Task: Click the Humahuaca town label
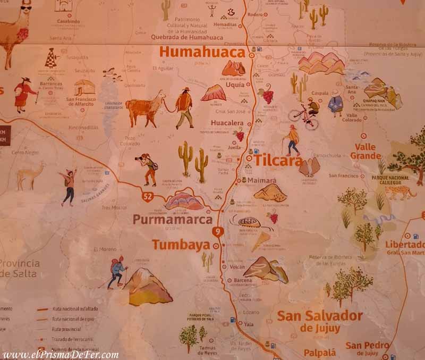coord(202,52)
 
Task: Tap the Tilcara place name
coord(278,160)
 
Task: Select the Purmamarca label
coord(173,219)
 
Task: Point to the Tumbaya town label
coord(182,245)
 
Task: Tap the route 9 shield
coord(217,231)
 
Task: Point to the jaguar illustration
coord(400,191)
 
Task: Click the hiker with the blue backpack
coord(117,272)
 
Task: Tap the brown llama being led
coord(145,107)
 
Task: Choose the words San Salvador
coord(320,316)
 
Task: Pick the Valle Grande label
coord(365,152)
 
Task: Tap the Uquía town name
coord(235,85)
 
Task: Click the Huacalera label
coord(227,123)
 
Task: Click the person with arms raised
coord(69,187)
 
